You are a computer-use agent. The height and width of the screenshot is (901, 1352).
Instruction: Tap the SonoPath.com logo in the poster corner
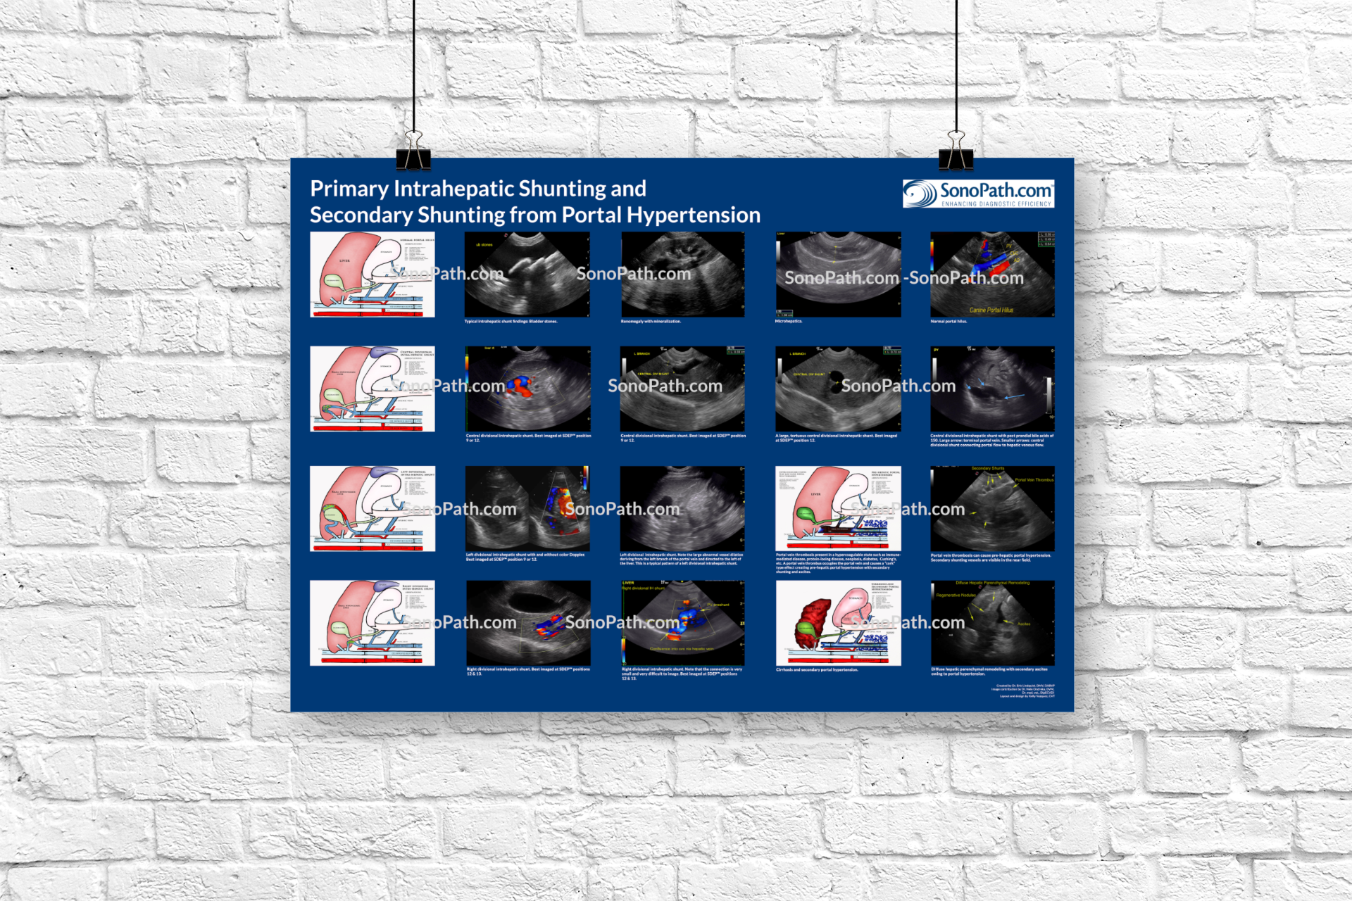coord(978,194)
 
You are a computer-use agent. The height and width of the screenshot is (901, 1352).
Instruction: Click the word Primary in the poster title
coord(349,189)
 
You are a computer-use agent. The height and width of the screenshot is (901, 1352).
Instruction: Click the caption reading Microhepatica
coord(789,322)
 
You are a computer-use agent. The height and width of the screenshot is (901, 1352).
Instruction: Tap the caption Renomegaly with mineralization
coord(651,322)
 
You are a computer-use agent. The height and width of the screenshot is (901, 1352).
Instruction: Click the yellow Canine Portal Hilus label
coord(991,310)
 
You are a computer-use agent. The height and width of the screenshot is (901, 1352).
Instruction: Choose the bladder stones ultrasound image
coord(527,275)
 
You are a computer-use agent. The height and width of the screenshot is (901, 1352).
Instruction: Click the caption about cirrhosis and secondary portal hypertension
coord(817,670)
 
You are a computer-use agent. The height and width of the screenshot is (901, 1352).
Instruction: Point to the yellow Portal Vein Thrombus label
coord(1034,480)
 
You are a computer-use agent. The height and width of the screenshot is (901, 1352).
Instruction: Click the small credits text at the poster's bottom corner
coord(1025,691)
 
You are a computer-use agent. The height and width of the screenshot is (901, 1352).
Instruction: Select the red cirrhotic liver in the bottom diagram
coord(813,624)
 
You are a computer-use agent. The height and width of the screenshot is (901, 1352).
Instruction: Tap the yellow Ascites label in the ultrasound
coord(1024,624)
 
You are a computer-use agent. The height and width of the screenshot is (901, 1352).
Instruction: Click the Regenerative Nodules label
coord(956,596)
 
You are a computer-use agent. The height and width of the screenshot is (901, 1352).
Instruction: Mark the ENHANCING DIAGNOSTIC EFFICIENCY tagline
coord(996,204)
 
